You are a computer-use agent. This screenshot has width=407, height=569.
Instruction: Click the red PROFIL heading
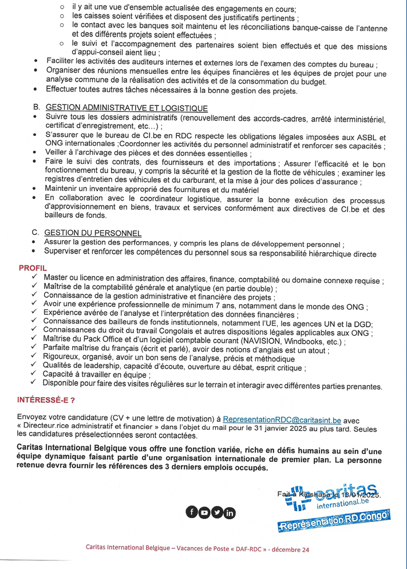[33, 268]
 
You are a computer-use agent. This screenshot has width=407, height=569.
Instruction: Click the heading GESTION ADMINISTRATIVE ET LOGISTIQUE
[127, 108]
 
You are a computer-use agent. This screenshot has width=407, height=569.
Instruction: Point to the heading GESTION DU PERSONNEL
[93, 233]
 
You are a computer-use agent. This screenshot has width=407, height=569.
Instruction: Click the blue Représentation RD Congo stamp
[334, 522]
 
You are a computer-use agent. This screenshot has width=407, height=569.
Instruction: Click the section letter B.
[36, 108]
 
